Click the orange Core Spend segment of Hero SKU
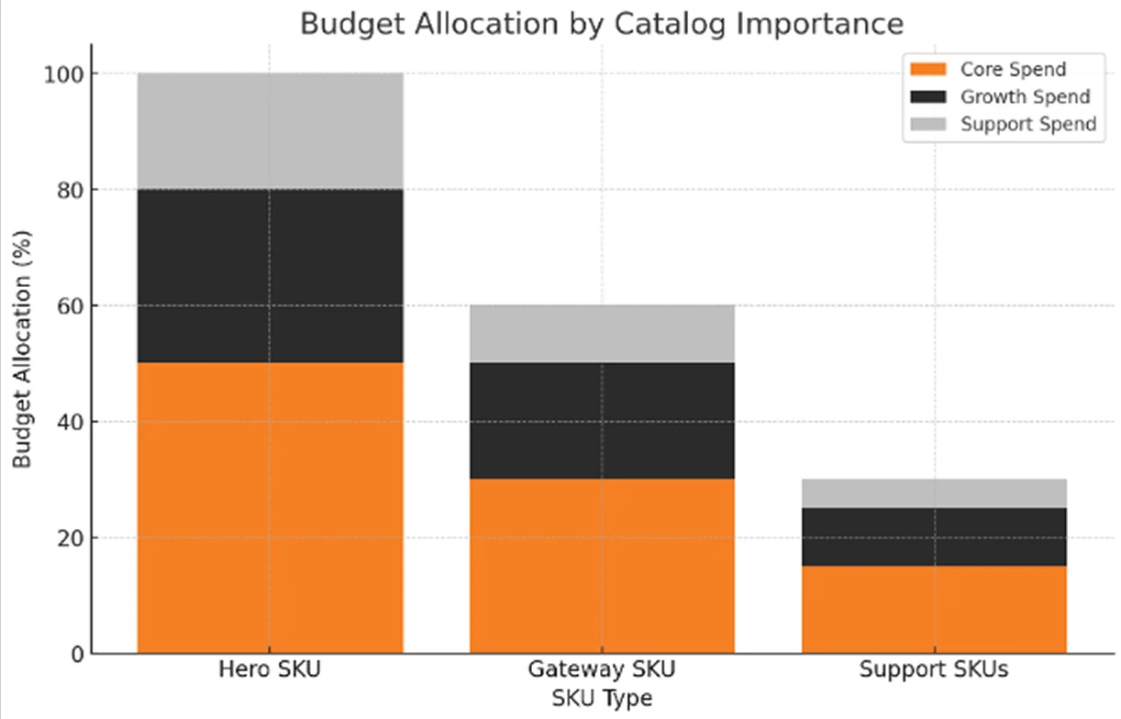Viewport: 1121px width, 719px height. point(270,507)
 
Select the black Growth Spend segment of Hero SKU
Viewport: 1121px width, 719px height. point(270,276)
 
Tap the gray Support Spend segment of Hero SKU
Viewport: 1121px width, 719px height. point(270,131)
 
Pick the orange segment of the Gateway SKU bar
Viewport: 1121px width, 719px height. point(602,566)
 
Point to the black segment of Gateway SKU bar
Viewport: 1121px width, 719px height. point(602,420)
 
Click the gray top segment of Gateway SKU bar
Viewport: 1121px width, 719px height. point(602,334)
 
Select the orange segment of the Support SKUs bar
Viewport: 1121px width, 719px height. point(934,609)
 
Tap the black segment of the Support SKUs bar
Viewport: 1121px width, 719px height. point(934,536)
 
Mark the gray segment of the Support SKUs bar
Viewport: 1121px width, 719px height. point(934,493)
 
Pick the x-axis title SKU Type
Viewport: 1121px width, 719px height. point(602,699)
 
